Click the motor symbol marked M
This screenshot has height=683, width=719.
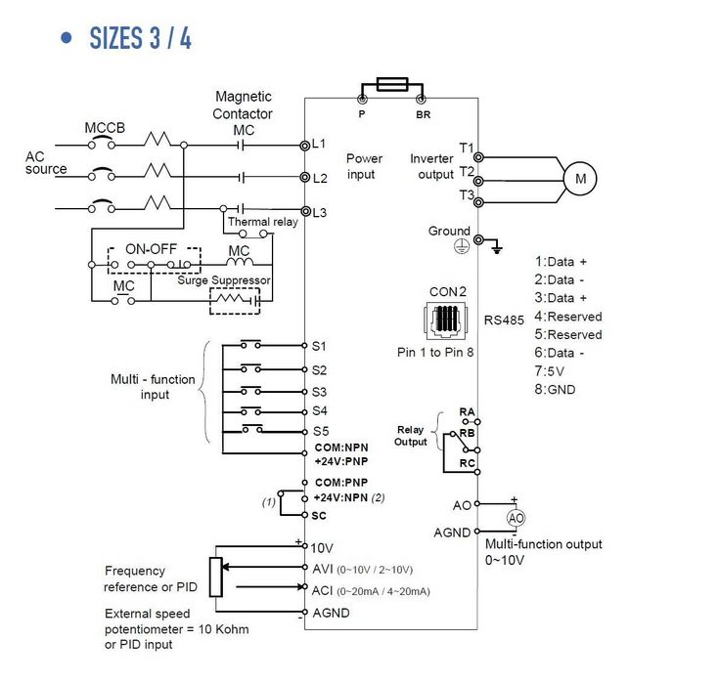[580, 179]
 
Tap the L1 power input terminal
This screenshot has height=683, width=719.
[304, 146]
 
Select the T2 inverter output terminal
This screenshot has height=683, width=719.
[478, 181]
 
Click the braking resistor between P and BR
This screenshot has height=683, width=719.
[392, 84]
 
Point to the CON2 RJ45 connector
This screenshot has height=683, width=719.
[446, 320]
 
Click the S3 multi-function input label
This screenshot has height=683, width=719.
[319, 392]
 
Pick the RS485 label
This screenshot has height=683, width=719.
[504, 320]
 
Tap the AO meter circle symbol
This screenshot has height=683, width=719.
[516, 518]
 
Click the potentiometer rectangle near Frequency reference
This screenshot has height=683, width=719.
[216, 576]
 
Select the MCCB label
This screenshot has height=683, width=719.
[105, 128]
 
